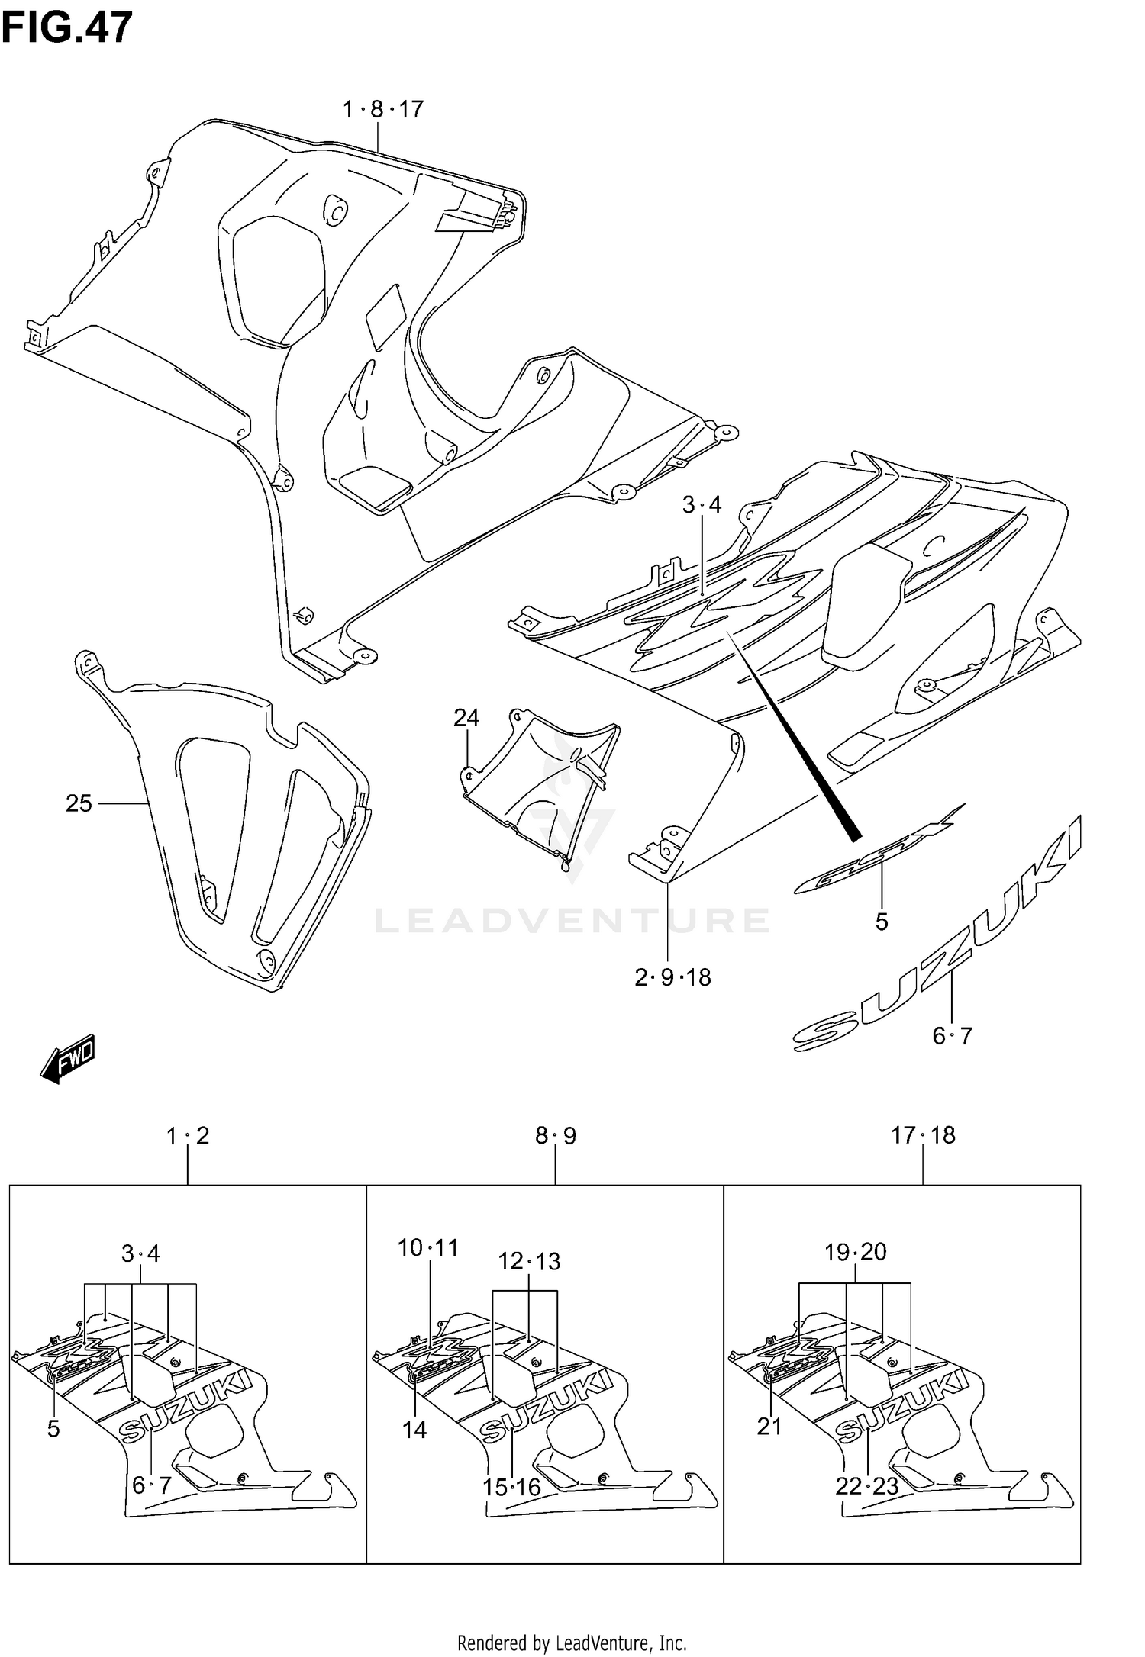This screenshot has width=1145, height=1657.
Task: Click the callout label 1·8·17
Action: pos(382,110)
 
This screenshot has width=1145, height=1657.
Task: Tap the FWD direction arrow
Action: pos(68,1057)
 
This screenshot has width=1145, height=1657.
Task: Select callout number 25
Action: pos(79,803)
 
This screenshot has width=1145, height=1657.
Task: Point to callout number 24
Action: pos(466,718)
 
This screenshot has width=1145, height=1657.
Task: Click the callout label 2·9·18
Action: pos(672,977)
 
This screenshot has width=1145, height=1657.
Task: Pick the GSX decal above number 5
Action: pos(878,848)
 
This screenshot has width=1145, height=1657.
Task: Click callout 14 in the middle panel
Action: pos(414,1430)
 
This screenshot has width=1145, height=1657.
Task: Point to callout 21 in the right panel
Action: pos(769,1426)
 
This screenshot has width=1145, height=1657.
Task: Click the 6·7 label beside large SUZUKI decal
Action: pos(952,1036)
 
